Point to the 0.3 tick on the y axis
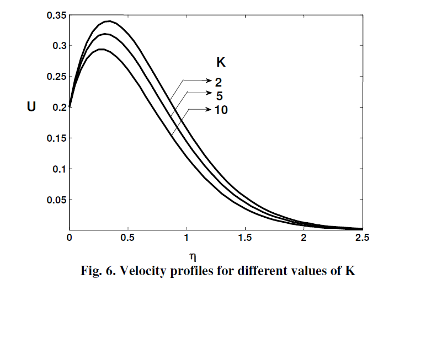point(59,46)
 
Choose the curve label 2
point(219,82)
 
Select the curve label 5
point(220,95)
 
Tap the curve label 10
point(221,110)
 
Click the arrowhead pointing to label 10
point(209,110)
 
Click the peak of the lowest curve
point(102,50)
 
